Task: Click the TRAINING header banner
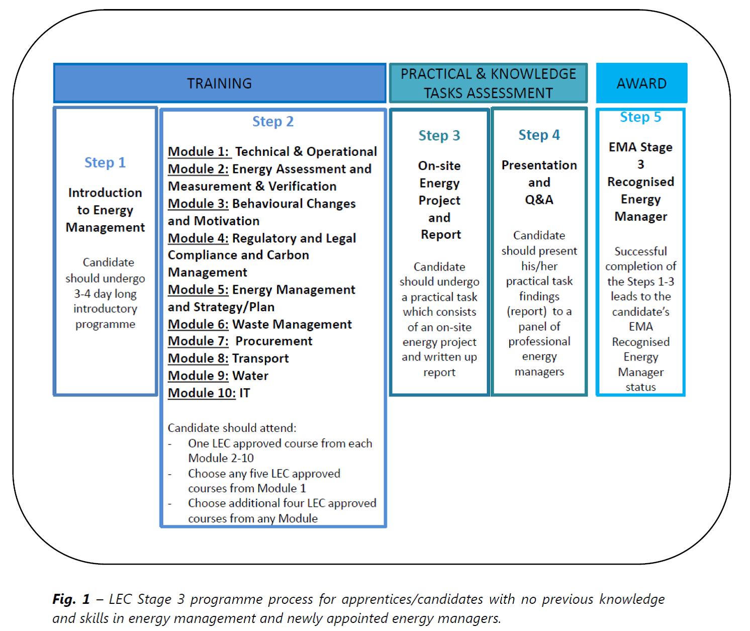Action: point(220,83)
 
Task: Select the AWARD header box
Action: point(641,83)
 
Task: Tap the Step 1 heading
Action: point(105,162)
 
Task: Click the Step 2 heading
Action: point(273,122)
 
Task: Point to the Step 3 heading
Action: point(439,135)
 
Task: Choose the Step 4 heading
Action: point(539,135)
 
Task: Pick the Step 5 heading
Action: point(640,117)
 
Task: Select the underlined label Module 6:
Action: point(198,324)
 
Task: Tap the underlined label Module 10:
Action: point(202,393)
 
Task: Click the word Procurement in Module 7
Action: point(273,341)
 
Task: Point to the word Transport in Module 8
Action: point(260,358)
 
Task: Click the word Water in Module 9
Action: point(250,376)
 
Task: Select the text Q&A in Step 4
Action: point(539,200)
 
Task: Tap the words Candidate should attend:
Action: point(232,427)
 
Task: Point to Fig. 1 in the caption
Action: point(71,599)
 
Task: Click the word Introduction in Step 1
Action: point(105,193)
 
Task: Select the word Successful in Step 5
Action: point(640,251)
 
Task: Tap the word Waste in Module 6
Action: point(251,324)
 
